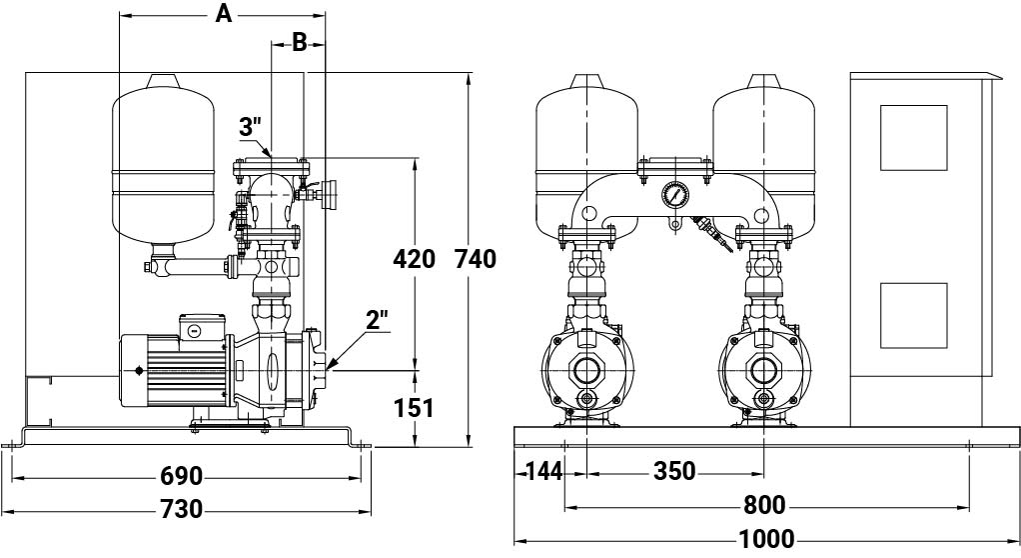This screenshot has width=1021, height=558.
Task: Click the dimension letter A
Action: [224, 14]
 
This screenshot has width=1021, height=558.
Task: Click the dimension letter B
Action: [299, 42]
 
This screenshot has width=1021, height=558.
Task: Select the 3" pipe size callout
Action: [250, 127]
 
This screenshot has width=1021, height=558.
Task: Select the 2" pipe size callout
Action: [377, 320]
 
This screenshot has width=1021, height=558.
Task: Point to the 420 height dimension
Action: [415, 259]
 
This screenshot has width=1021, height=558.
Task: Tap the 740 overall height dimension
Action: [476, 259]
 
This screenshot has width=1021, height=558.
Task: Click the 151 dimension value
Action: [415, 408]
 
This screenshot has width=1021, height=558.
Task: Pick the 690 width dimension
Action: [182, 477]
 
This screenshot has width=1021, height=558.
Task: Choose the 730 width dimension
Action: [182, 509]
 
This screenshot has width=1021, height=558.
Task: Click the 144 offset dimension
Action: [544, 471]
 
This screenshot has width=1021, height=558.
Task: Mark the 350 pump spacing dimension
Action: [674, 471]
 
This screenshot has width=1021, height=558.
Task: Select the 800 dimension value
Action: [764, 505]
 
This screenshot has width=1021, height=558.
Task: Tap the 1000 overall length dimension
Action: [766, 539]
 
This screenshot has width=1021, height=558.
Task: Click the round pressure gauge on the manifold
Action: [674, 194]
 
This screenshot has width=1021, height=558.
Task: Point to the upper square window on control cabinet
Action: [913, 138]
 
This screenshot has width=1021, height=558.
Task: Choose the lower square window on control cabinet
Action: [913, 316]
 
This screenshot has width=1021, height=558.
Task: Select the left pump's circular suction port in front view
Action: [587, 371]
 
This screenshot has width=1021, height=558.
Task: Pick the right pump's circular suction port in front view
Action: [764, 371]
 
